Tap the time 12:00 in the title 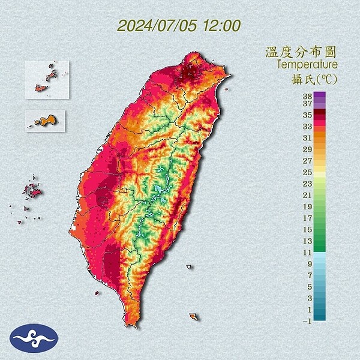click(x=223, y=26)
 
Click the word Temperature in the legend click(x=308, y=64)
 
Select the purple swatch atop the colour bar click(x=319, y=95)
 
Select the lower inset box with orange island click(x=46, y=121)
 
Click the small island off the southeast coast click(x=193, y=316)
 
